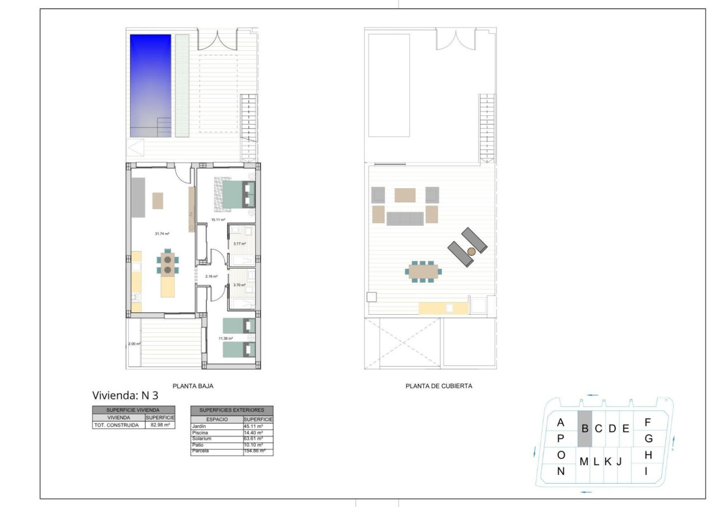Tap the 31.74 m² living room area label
[161, 234]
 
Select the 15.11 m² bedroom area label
[218, 220]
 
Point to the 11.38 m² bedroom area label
[226, 338]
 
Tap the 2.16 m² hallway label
[211, 276]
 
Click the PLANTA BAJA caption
[189, 386]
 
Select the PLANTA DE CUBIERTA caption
[438, 386]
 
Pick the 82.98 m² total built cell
[160, 425]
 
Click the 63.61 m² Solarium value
[254, 439]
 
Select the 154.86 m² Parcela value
[255, 451]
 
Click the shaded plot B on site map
[585, 429]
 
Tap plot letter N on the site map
[561, 471]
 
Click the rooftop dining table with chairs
[424, 271]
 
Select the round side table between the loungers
[471, 251]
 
